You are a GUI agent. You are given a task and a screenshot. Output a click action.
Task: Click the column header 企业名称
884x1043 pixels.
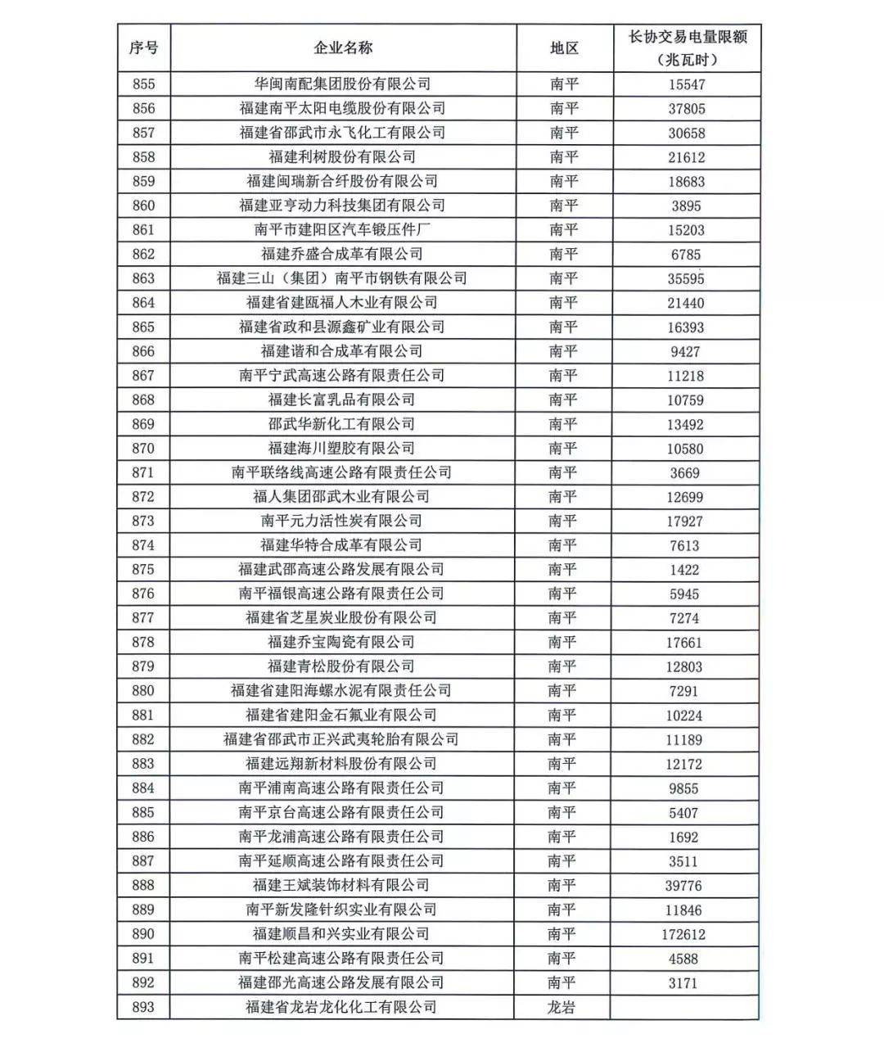[343, 48]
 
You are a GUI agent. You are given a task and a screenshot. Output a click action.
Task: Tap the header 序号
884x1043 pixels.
[143, 48]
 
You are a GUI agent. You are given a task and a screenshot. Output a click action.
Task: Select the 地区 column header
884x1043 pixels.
[564, 48]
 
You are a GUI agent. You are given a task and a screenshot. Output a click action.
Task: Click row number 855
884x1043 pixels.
[143, 84]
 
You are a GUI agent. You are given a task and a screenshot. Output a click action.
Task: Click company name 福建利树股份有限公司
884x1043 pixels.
[342, 157]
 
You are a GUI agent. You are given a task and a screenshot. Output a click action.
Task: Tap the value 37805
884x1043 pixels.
[686, 109]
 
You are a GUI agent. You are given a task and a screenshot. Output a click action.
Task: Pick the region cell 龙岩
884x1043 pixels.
[562, 1007]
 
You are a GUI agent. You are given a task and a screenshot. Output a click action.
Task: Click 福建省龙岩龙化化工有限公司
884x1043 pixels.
[341, 1007]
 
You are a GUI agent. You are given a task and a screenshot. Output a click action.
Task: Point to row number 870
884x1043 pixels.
[143, 449]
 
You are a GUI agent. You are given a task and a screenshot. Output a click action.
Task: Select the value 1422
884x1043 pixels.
[684, 570]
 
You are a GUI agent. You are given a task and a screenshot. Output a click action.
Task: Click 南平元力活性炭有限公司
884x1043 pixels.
[341, 521]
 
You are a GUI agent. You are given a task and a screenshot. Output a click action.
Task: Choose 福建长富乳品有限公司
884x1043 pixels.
[341, 400]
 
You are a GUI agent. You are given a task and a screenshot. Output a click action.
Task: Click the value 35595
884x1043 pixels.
[686, 279]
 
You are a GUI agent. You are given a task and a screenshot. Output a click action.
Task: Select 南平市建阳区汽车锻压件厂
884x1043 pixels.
[342, 230]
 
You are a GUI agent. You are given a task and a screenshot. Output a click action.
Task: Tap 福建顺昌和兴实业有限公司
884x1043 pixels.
[341, 934]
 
